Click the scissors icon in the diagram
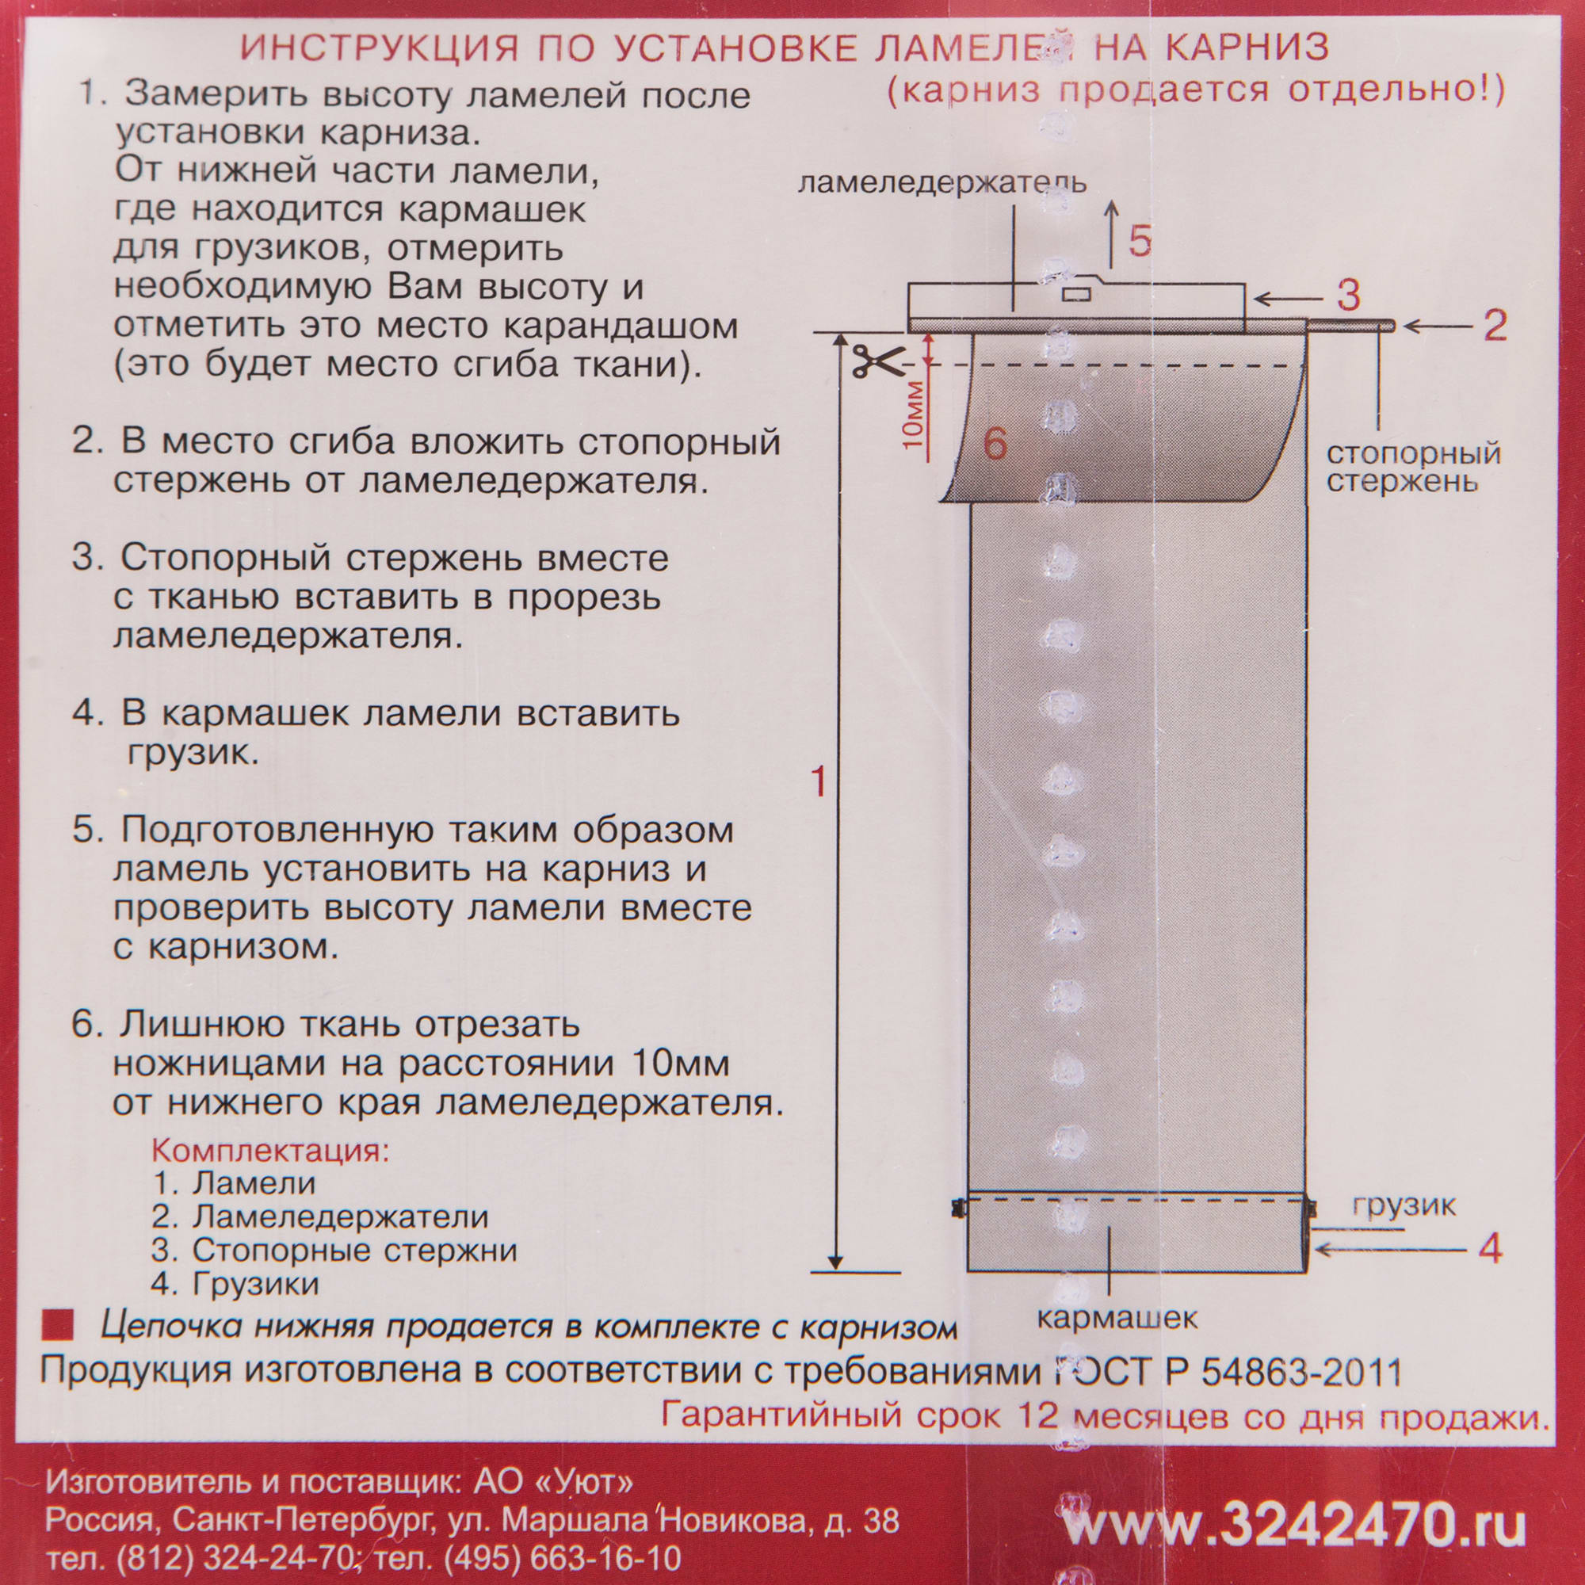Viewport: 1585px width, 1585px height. click(877, 361)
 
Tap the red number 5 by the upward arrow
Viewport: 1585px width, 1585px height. click(1140, 240)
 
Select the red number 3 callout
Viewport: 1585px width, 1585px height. click(1348, 296)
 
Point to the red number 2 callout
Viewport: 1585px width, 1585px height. click(1495, 326)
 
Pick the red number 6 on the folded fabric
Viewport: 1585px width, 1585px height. click(995, 445)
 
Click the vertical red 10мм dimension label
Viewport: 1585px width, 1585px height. click(913, 414)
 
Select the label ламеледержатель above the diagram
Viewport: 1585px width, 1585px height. click(941, 182)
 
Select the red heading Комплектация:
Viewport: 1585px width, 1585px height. click(270, 1150)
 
